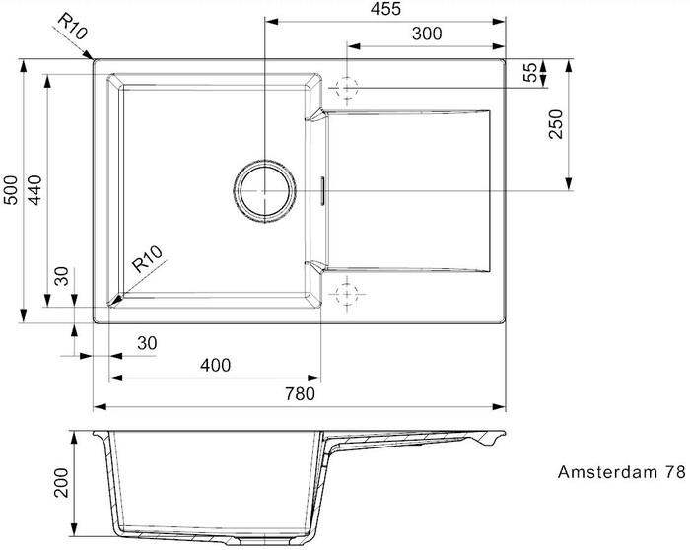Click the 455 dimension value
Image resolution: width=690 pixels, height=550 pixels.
386,9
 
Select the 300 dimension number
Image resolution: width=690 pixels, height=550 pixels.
427,34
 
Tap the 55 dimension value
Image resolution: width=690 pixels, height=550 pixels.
531,73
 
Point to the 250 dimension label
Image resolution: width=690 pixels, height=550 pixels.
556,124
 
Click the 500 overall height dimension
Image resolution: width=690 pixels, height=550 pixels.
11,190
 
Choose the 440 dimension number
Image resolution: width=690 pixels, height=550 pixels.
34,190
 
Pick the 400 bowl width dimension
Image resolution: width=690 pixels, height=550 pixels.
215,365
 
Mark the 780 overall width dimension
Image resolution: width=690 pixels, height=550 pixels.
300,394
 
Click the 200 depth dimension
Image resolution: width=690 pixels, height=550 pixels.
61,483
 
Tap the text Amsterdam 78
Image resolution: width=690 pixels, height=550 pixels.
621,472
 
